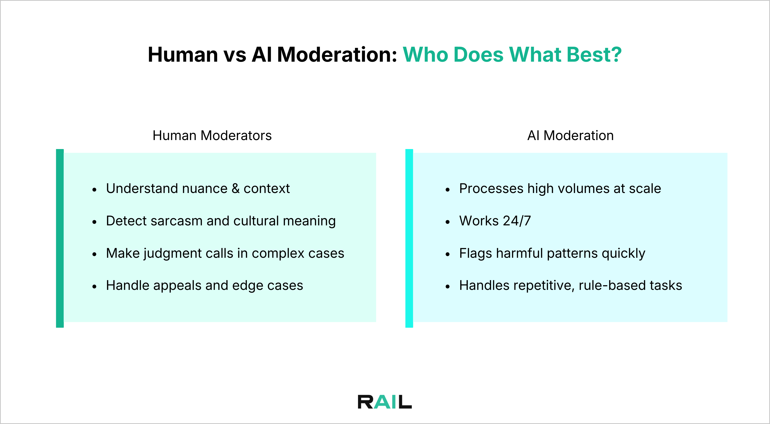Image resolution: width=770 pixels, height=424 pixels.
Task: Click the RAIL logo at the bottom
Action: pos(385,402)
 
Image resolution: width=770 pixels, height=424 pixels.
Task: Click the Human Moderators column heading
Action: pos(212,135)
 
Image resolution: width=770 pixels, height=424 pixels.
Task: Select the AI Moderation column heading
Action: pos(570,135)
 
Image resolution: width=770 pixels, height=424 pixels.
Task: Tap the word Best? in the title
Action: pos(594,55)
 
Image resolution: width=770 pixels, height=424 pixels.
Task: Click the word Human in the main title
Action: pos(183,55)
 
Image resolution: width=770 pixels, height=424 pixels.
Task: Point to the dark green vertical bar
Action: pos(60,238)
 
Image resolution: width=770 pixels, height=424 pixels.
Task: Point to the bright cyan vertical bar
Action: pos(409,238)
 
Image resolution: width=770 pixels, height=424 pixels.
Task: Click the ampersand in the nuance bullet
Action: pos(236,189)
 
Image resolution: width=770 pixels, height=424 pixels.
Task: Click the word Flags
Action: pos(475,254)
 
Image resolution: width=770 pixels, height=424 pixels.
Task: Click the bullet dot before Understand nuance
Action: pos(94,190)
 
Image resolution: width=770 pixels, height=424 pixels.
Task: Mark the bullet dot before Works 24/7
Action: pos(447,222)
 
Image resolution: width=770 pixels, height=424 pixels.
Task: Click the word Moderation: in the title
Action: pos(337,55)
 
